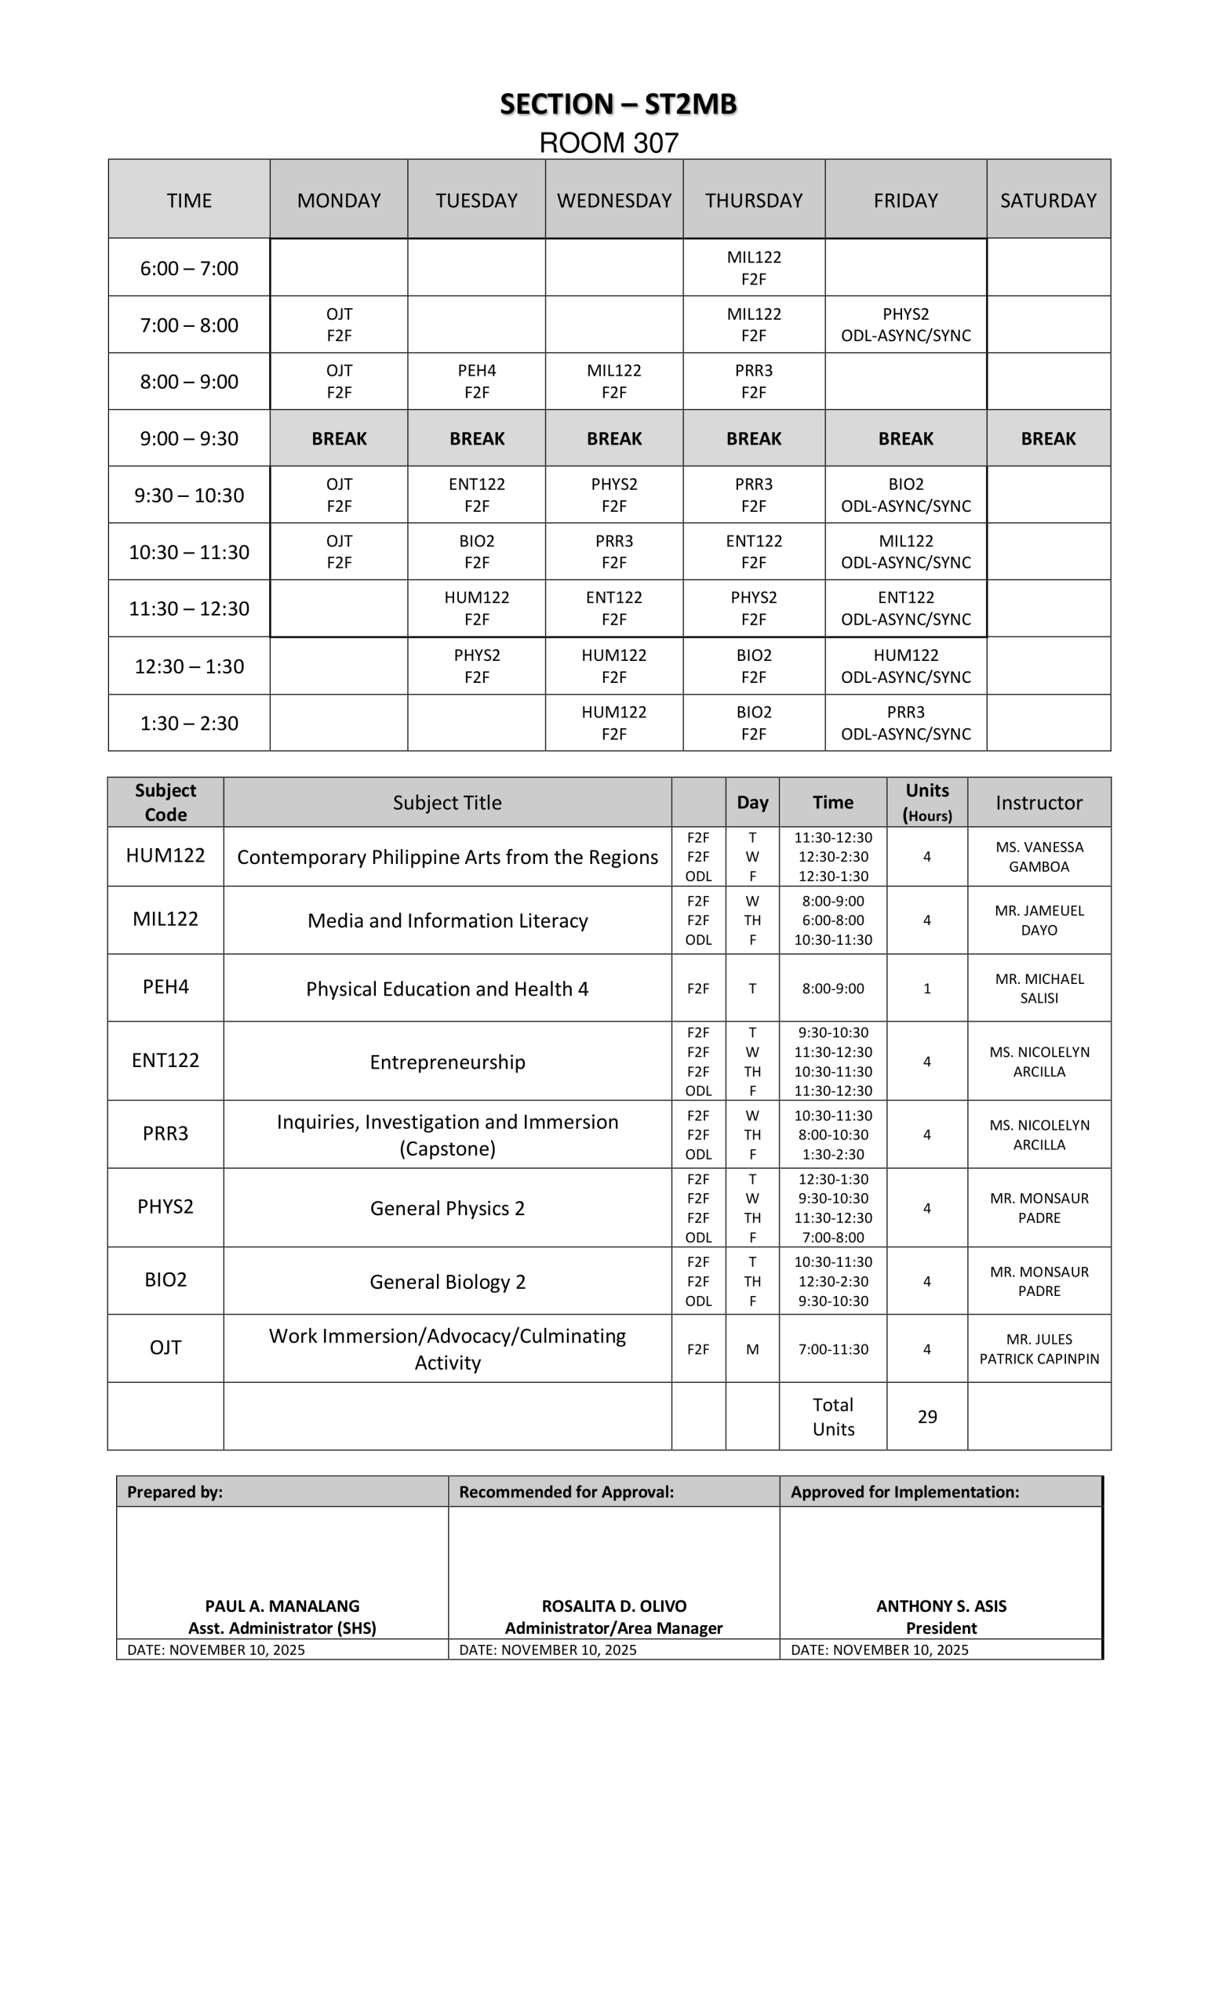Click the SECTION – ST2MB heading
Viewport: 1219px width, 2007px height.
coord(617,104)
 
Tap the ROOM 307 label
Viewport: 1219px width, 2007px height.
coord(609,143)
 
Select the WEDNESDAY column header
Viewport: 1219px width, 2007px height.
coord(613,201)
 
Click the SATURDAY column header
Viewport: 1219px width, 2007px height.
coord(1048,201)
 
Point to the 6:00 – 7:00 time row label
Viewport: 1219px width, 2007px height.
coord(189,268)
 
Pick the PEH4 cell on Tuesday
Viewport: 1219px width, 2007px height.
coord(477,381)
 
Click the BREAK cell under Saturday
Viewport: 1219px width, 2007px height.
coord(1048,438)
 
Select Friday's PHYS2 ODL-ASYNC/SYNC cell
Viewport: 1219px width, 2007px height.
coord(905,325)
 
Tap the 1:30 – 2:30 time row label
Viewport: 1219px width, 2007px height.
coord(189,724)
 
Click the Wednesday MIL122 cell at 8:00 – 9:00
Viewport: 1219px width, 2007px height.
coord(613,381)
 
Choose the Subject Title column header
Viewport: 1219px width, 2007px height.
coord(446,802)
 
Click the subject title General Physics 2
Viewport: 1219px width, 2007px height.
coord(446,1208)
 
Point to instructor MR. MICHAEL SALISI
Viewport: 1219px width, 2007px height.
coord(1039,988)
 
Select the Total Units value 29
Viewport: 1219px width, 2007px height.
coord(926,1417)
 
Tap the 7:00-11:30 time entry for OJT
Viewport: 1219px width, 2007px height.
coord(833,1349)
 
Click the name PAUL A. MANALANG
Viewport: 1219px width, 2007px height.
coord(282,1606)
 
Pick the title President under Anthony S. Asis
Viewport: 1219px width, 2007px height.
coord(941,1628)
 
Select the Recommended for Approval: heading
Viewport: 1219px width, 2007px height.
coord(566,1491)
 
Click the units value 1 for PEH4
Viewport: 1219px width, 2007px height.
coord(926,988)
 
